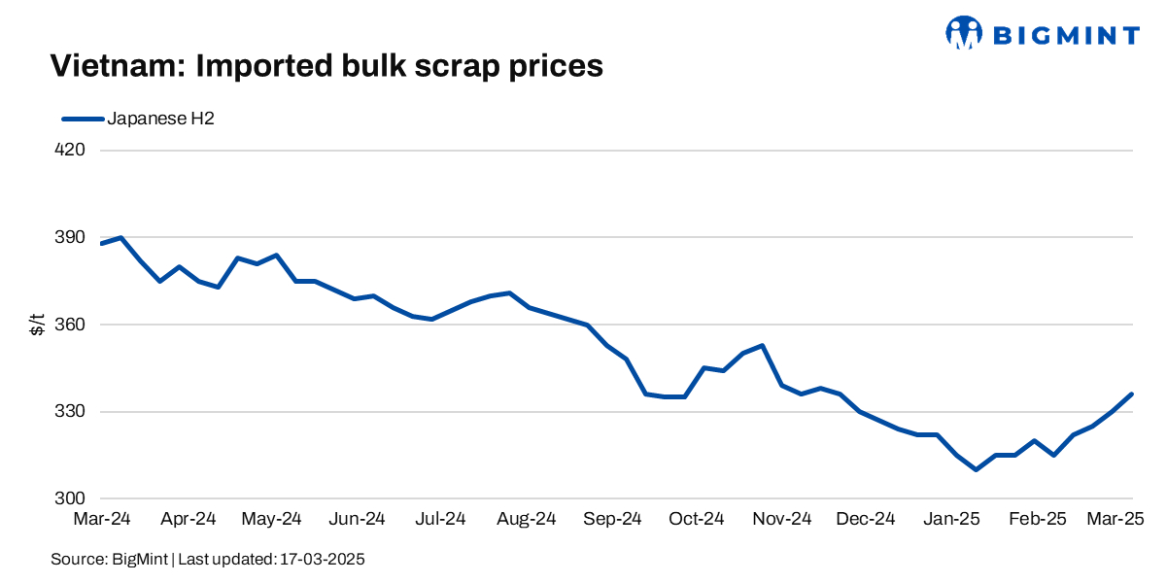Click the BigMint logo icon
(x=963, y=32)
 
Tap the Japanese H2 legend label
(x=160, y=119)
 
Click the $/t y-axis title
(x=37, y=325)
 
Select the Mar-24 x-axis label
(x=102, y=519)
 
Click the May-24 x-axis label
(x=271, y=519)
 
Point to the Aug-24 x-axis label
(x=526, y=519)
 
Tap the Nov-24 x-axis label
(x=781, y=519)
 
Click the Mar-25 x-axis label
(x=1114, y=519)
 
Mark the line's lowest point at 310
(x=976, y=469)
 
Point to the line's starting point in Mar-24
(x=101, y=243)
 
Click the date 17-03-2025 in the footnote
(x=323, y=560)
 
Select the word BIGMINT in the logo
(x=1065, y=36)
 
